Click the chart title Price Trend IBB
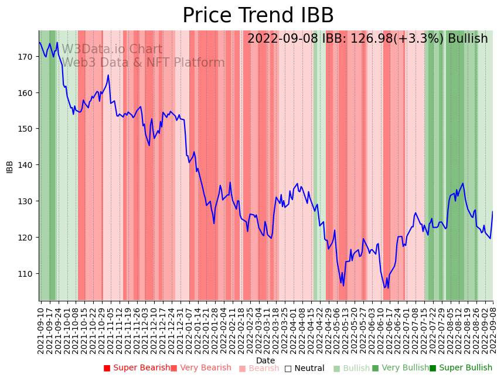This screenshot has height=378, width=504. pos(258,16)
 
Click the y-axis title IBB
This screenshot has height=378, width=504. pos(10,166)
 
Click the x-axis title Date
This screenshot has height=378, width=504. pos(265,360)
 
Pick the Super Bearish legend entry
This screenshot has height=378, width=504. pos(137,368)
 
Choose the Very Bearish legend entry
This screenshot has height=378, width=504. pos(201,368)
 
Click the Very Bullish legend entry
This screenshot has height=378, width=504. pos(401,368)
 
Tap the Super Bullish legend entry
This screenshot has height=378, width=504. pos(461,368)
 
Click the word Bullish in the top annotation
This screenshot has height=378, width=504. pos(468,39)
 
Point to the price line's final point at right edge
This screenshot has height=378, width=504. pos(492,212)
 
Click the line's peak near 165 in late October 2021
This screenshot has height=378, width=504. pos(108,75)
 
